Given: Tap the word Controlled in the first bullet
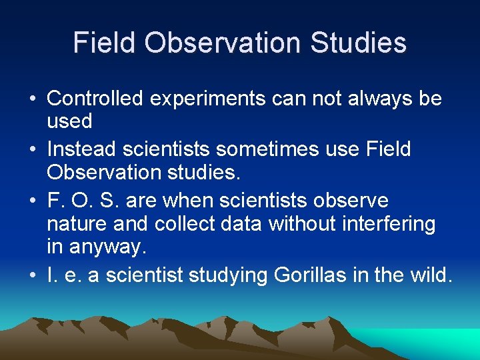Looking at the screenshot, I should [x=95, y=99].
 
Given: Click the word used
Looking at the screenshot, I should [x=69, y=121].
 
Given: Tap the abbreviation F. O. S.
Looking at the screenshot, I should [x=75, y=201].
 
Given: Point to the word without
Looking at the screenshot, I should [x=299, y=223].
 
